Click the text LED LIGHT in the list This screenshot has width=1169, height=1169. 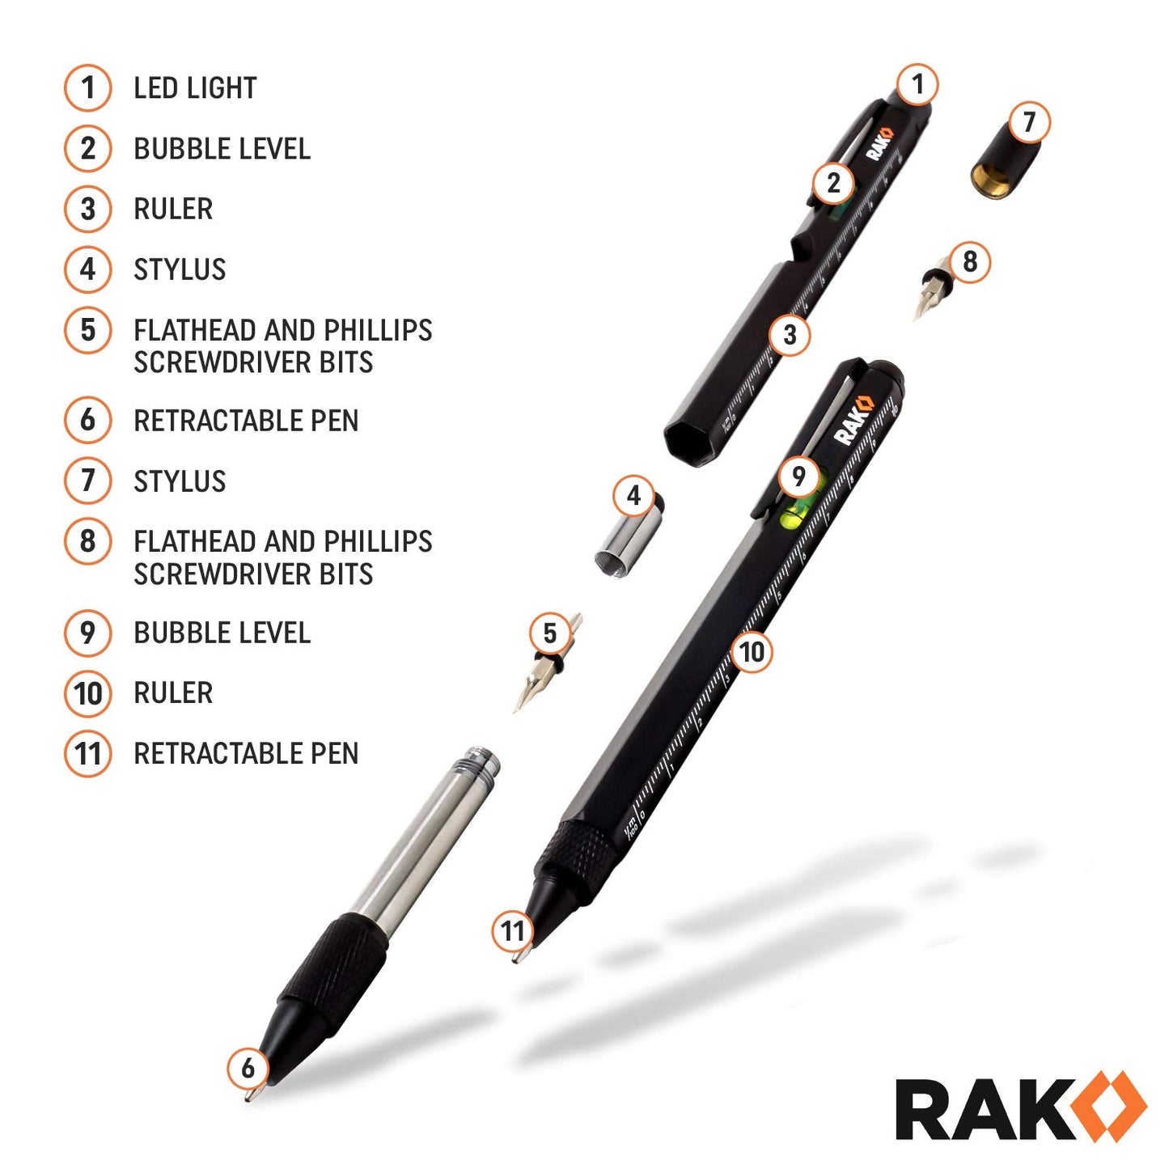coord(194,88)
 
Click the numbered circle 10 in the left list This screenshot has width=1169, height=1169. coord(87,693)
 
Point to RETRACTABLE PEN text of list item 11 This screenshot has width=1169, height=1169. coord(245,754)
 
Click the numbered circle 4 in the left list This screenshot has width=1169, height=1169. coord(87,269)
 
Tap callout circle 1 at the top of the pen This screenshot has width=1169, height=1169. coord(917,84)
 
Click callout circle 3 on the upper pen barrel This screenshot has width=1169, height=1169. coord(790,335)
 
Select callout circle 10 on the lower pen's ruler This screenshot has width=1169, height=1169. coord(752,652)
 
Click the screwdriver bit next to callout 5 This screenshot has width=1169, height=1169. coord(538,671)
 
